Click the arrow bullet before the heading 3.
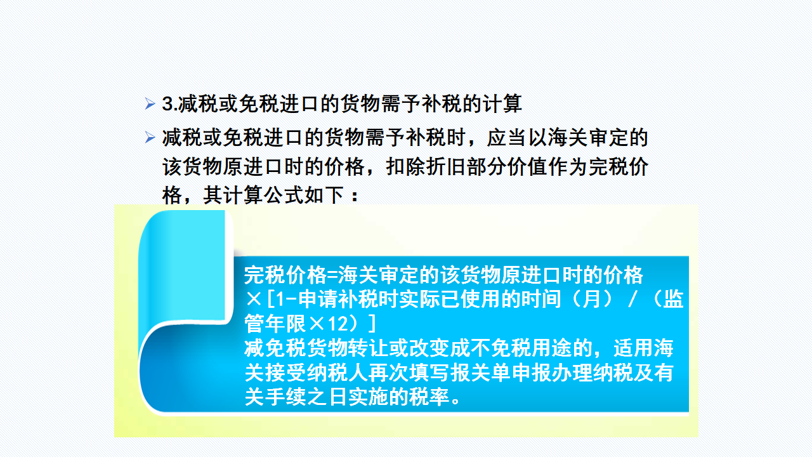pos(150,103)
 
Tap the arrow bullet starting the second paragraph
pos(150,138)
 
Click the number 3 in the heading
pos(167,104)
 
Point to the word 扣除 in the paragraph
pos(405,167)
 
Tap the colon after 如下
pos(355,196)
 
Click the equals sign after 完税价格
pos(332,275)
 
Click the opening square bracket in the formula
pos(270,300)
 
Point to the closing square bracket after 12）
pos(372,324)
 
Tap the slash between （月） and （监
pos(633,300)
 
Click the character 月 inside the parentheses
pos(592,300)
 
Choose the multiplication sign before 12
pos(317,324)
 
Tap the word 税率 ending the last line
pos(429,397)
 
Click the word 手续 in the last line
pos(286,397)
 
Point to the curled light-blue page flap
pos(185,268)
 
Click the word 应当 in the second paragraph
pos(506,138)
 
